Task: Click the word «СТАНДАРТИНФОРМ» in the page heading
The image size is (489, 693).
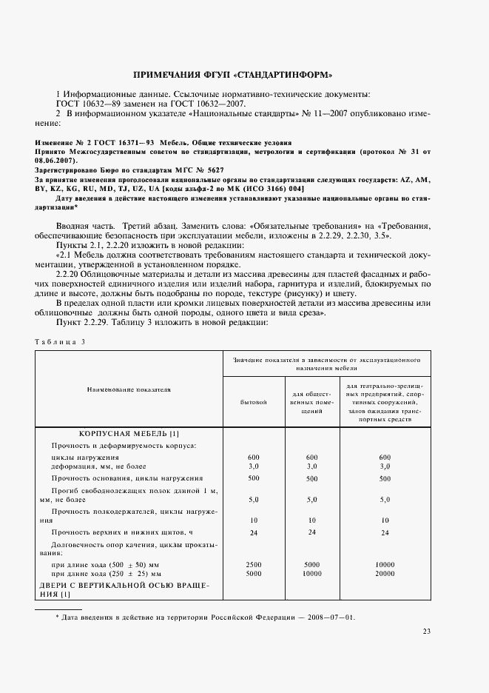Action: (x=285, y=75)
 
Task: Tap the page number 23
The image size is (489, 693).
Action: (x=426, y=632)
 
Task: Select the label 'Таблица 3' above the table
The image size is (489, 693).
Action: (x=61, y=341)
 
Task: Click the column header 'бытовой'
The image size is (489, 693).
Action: (x=253, y=402)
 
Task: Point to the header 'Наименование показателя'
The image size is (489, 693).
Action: (x=129, y=388)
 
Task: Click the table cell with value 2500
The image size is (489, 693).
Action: (x=253, y=564)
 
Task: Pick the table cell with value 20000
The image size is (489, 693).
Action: (x=384, y=573)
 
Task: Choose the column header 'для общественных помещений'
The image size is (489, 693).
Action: (x=311, y=402)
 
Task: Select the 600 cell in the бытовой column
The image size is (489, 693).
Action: (x=253, y=457)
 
